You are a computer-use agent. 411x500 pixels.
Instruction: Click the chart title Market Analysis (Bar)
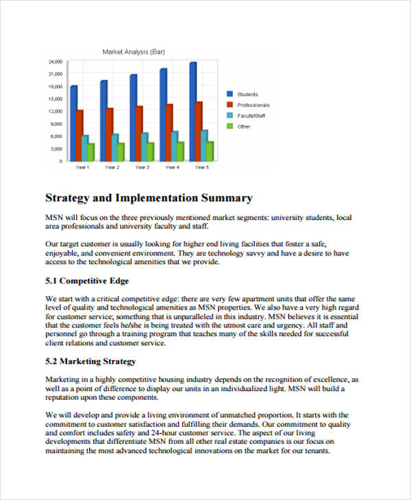(x=133, y=51)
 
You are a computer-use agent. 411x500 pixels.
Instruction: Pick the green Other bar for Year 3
(x=150, y=151)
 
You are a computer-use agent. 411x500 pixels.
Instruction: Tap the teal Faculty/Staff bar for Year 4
(x=175, y=146)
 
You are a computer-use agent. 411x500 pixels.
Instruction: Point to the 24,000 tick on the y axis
(x=55, y=62)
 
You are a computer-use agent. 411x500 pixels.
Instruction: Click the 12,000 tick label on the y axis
(x=55, y=111)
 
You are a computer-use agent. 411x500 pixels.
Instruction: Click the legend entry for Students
(x=247, y=94)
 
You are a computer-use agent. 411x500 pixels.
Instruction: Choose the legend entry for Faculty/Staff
(x=251, y=116)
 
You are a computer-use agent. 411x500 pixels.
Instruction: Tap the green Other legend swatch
(x=229, y=126)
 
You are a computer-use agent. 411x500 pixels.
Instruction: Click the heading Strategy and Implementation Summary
(x=149, y=199)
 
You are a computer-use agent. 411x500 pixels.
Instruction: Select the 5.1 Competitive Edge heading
(x=87, y=282)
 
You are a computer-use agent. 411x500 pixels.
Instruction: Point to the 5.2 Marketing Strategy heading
(x=90, y=361)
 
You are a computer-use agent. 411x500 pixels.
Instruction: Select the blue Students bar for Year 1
(x=74, y=123)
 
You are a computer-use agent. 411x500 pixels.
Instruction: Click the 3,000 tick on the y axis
(x=57, y=149)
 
